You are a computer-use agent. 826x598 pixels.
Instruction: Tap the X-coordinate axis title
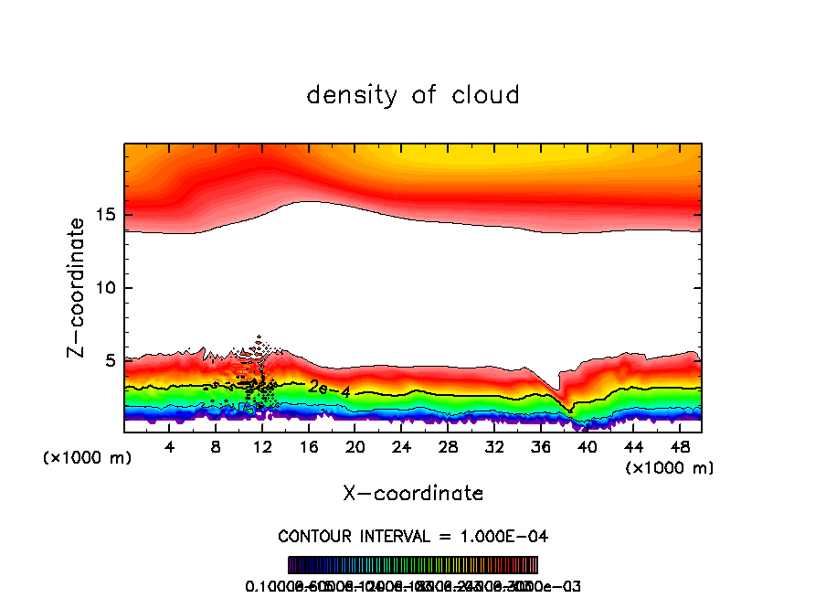[x=413, y=494]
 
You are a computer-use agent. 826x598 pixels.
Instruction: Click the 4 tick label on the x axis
[x=170, y=448]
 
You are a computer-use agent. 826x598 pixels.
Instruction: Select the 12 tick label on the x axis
[x=262, y=448]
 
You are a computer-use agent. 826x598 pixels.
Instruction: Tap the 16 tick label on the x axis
[x=309, y=448]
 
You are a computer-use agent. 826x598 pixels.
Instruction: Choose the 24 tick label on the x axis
[x=401, y=448]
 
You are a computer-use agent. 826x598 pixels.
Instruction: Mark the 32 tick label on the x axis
[x=493, y=448]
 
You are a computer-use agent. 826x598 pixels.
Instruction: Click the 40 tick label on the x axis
[x=587, y=448]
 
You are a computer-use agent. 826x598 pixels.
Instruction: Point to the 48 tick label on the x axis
[x=679, y=448]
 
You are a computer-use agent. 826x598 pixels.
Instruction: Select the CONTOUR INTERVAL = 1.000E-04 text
[x=413, y=536]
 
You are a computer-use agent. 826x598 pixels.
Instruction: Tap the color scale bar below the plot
[x=413, y=564]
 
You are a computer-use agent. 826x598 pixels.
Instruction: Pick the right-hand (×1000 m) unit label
[x=670, y=468]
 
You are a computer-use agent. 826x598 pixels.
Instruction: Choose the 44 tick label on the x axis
[x=632, y=448]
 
